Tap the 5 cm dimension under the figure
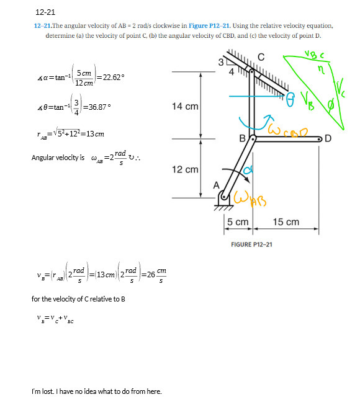point(237,222)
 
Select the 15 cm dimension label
point(286,222)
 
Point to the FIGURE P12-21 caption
point(251,244)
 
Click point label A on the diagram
point(217,184)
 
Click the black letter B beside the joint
point(243,138)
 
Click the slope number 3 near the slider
point(220,62)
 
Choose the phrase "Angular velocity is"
point(58,158)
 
